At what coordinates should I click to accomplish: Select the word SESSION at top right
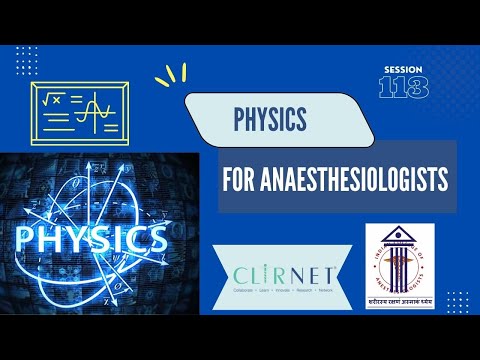tap(404, 69)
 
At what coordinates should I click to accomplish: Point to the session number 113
tap(404, 87)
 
